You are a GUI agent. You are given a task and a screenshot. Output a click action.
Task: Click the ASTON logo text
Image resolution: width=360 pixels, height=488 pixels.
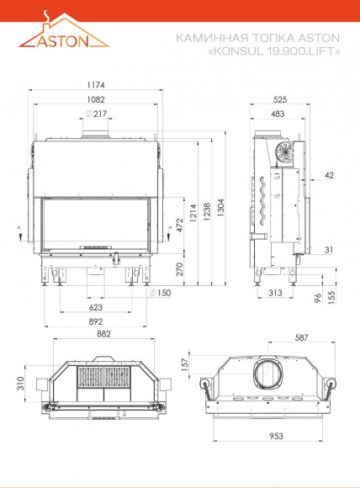[x=62, y=40]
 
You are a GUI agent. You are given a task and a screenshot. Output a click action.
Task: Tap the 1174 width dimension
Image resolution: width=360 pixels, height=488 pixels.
[x=96, y=85]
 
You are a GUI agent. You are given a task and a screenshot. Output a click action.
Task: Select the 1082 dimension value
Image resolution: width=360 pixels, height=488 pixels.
[x=96, y=99]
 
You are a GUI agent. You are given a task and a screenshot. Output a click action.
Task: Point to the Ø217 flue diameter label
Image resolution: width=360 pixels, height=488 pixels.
[x=96, y=114]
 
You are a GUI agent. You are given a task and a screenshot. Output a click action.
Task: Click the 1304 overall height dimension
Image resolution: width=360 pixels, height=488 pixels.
[x=221, y=208]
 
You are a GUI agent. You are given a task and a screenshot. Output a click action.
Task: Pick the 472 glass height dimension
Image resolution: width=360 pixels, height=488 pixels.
[x=180, y=225]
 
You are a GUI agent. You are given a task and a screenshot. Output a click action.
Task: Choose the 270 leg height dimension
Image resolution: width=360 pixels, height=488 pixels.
[x=180, y=269]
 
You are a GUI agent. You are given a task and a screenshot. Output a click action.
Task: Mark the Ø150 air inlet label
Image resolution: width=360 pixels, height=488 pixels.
[x=160, y=293]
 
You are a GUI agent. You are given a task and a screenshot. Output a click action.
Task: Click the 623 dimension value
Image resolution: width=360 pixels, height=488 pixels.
[x=96, y=307]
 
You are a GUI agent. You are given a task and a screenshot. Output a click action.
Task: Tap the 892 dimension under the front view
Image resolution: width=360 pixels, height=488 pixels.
[x=96, y=321]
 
